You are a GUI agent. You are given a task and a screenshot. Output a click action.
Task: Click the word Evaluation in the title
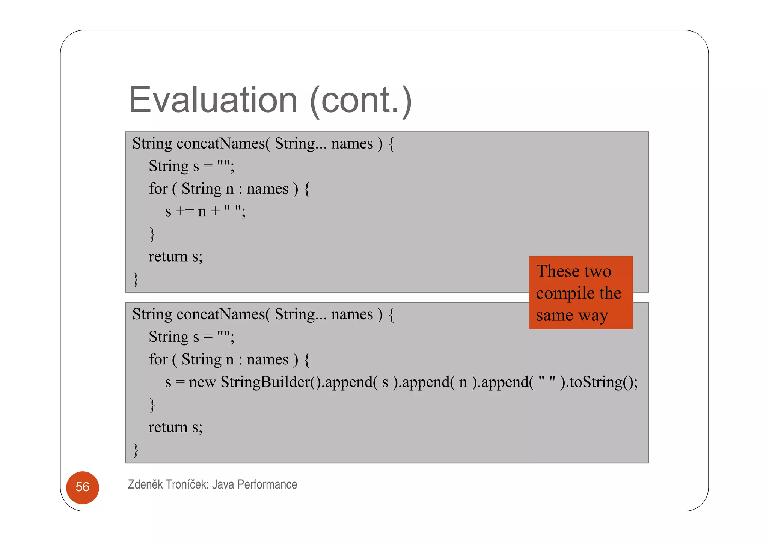[x=213, y=100]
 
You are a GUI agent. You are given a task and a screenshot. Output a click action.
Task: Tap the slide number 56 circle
[x=83, y=487]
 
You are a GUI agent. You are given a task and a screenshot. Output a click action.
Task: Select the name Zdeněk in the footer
[x=145, y=484]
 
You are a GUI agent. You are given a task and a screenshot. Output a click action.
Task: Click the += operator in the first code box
[x=185, y=211]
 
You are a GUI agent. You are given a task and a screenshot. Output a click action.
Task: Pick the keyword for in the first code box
[x=158, y=189]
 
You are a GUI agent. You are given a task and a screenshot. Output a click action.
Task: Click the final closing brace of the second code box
[x=136, y=450]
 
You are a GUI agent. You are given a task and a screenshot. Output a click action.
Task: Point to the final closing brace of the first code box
[x=136, y=280]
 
